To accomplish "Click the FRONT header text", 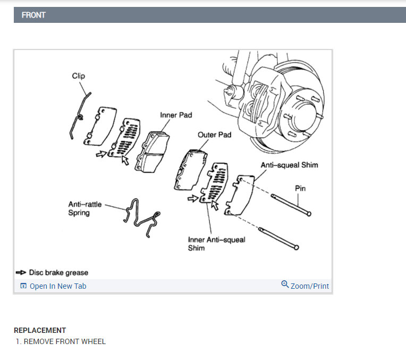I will pyautogui.click(x=33, y=15).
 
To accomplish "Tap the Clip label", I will pyautogui.click(x=78, y=76).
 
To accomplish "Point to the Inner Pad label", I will pyautogui.click(x=176, y=115).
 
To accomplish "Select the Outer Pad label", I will pyautogui.click(x=214, y=135).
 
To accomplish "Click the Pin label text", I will pyautogui.click(x=300, y=188).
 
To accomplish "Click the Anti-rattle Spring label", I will pyautogui.click(x=85, y=208).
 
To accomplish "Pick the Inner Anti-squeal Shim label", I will pyautogui.click(x=216, y=244).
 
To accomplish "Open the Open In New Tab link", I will pyautogui.click(x=57, y=286).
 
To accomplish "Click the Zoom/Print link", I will pyautogui.click(x=309, y=286).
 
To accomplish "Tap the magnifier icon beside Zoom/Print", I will pyautogui.click(x=285, y=285).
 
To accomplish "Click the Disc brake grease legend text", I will pyautogui.click(x=58, y=272).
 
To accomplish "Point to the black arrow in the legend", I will pyautogui.click(x=21, y=273).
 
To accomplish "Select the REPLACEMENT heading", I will pyautogui.click(x=40, y=330).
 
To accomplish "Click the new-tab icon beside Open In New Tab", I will pyautogui.click(x=23, y=286).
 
